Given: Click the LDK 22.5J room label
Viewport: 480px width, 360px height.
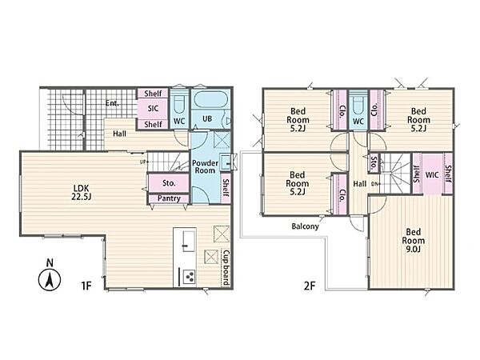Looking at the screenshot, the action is pos(82,192).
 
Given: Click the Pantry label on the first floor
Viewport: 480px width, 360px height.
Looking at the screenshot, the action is pos(169,198).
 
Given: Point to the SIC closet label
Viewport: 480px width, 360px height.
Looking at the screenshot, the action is pos(153,108).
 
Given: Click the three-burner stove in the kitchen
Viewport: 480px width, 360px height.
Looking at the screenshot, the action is pos(189,277).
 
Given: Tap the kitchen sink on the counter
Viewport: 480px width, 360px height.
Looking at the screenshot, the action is pos(189,242).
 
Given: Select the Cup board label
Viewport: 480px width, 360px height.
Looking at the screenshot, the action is pos(226,267).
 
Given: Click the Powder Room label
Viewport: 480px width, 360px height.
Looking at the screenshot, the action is pos(205,167).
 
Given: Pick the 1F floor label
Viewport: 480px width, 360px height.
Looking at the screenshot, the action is pos(86,286).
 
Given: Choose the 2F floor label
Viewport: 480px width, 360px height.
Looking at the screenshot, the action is pos(310,286).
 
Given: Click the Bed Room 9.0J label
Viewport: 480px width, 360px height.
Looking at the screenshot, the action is pos(414,240).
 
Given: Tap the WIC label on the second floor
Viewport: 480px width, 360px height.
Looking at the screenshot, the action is pos(432,175).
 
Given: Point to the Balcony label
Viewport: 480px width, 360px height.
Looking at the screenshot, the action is pos(305,226).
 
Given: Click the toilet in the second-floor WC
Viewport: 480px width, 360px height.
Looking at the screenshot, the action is pos(358,104).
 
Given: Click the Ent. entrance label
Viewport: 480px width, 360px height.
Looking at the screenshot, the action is pos(112,103).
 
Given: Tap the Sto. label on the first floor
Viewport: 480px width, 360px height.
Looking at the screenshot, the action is pos(169,183).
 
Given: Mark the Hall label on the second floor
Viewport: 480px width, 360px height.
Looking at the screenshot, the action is pos(359,184).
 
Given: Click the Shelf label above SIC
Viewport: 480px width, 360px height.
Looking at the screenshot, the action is pos(153,93).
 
